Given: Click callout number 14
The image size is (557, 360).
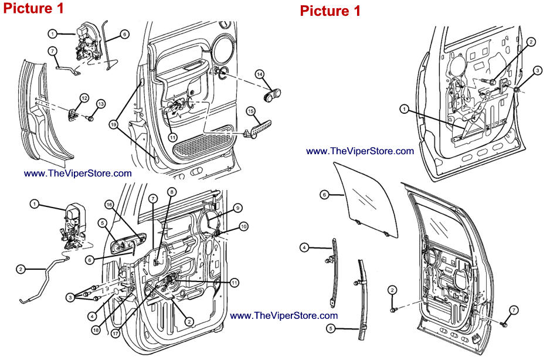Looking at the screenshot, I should [259, 74].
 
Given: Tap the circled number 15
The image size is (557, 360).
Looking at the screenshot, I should [250, 111].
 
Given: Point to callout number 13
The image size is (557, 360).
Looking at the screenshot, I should [101, 104].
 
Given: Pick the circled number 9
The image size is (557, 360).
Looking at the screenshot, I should [237, 208].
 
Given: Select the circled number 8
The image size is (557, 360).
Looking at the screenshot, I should [171, 191].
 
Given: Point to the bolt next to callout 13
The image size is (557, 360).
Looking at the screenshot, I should [90, 118].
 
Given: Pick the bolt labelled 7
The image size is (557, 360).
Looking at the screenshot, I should [503, 322].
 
